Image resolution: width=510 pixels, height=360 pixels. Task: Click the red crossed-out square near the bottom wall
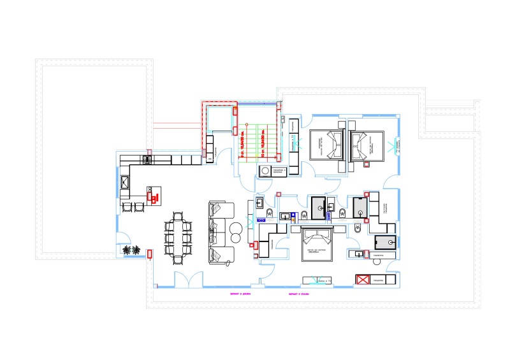pos(362,280)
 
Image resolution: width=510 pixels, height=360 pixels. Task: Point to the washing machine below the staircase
pos(265,171)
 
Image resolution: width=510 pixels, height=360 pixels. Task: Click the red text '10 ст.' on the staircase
pos(261,147)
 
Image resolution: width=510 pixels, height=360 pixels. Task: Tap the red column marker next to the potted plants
pos(150,253)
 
